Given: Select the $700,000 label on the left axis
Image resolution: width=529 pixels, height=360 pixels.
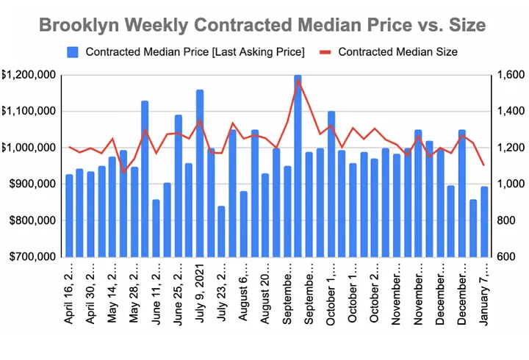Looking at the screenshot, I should coord(29,257).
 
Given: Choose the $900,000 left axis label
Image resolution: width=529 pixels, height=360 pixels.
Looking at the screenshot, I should coord(29,184).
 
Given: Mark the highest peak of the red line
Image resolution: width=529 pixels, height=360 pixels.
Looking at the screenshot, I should coord(298,81).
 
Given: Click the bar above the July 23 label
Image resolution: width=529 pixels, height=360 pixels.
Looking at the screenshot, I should coord(222,231).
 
